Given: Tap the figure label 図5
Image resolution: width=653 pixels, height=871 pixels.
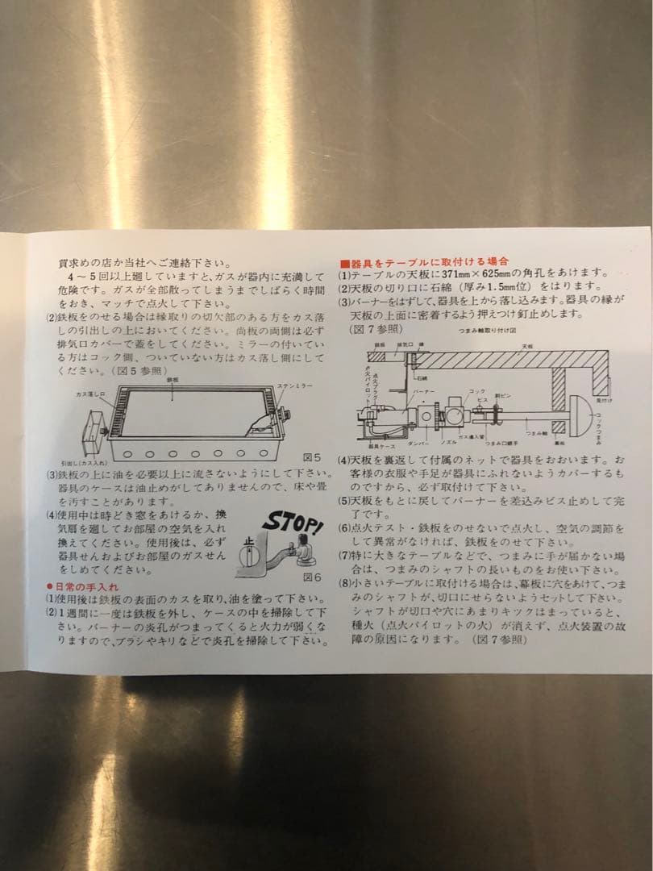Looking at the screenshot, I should point(312,457).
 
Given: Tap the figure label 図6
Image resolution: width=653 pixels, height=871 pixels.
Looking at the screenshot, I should point(311,577).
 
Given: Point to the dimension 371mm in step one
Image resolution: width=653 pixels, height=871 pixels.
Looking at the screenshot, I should point(439,274).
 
